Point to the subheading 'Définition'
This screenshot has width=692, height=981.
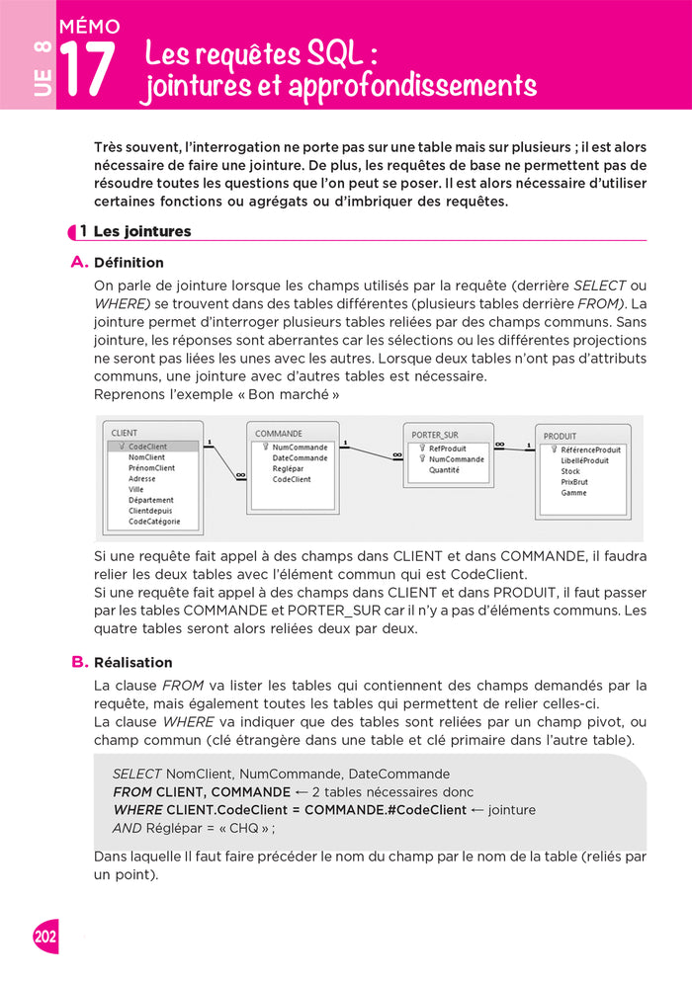click(129, 263)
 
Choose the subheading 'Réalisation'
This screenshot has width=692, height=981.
click(132, 662)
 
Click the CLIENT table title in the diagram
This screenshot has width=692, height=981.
click(126, 433)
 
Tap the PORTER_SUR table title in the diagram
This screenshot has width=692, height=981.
click(435, 434)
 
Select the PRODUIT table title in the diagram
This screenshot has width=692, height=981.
click(560, 436)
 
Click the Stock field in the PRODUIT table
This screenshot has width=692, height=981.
click(570, 471)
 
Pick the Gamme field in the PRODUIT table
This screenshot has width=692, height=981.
click(573, 493)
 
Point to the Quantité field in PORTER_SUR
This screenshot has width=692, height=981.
click(444, 470)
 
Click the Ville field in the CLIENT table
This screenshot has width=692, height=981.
click(136, 489)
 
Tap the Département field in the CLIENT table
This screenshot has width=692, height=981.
click(150, 500)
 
